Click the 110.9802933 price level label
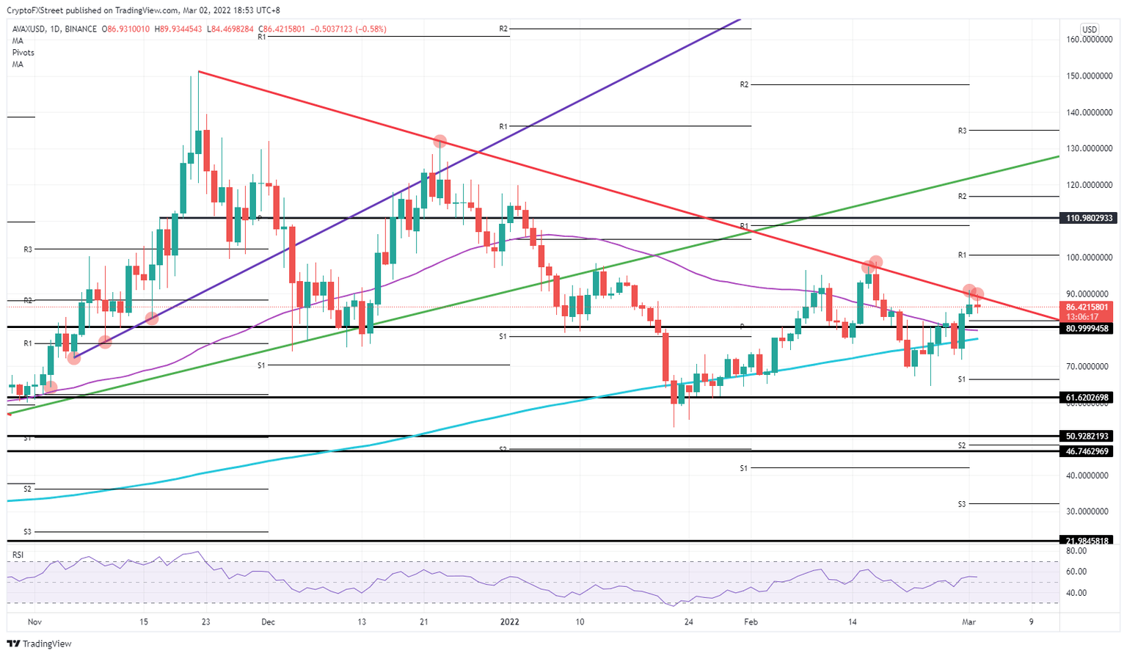pos(1089,218)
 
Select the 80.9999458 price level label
pos(1089,328)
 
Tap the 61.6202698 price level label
pos(1089,397)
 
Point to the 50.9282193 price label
pos(1089,436)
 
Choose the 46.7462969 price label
pos(1089,451)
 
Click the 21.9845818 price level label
pos(1089,541)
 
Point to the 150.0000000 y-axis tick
pos(1087,76)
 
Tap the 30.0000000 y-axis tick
pos(1087,511)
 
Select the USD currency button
pos(1090,30)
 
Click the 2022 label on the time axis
pos(509,622)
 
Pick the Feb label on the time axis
pos(751,622)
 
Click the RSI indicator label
pos(18,555)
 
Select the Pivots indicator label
pos(23,53)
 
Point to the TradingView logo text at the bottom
pos(47,644)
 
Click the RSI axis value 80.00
pos(1076,551)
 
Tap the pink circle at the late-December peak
pos(440,141)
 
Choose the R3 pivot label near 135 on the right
pos(962,131)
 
